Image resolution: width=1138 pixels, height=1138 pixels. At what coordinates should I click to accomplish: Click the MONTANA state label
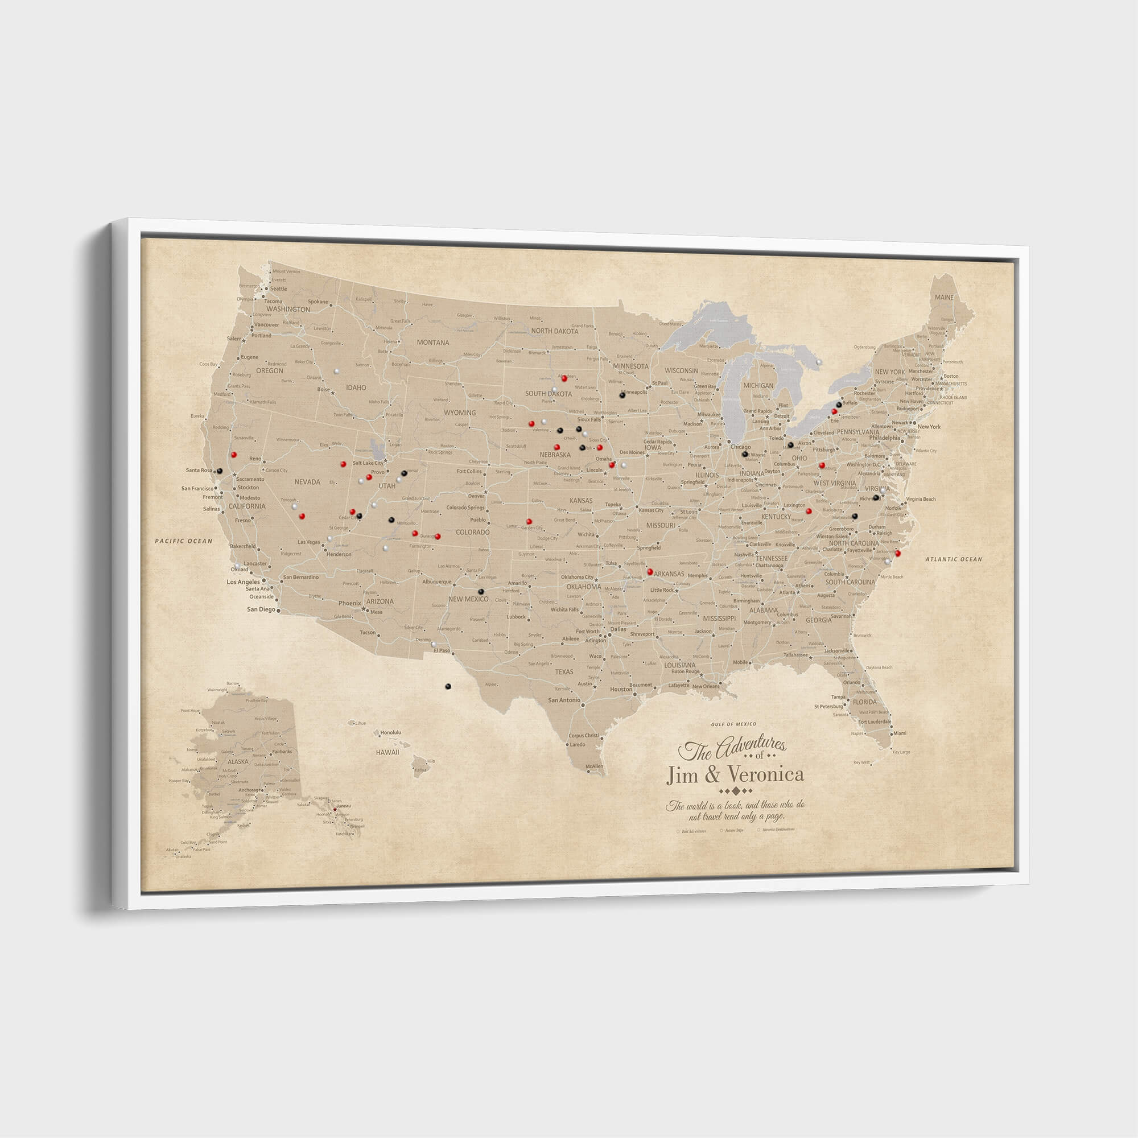pos(433,342)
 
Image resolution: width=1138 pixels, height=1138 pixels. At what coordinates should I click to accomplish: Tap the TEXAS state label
pos(564,671)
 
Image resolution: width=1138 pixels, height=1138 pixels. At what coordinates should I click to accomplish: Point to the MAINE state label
pos(944,298)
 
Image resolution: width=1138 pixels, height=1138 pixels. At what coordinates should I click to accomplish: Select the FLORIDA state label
pos(865,702)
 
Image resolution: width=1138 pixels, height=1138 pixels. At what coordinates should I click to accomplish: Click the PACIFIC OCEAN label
pos(183,541)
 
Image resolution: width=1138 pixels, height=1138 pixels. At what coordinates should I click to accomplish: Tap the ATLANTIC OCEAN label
pos(954,559)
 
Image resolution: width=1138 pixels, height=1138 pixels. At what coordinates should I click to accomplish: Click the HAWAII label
pos(387,752)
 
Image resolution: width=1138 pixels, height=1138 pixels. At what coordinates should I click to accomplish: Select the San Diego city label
pos(261,609)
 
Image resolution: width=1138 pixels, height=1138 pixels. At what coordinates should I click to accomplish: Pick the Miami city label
pos(900,733)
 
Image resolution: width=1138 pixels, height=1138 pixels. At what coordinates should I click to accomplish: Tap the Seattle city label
pos(278,288)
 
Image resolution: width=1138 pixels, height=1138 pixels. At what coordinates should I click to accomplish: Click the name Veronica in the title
pos(766,773)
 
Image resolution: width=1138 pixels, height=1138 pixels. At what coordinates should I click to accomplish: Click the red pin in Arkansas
pos(650,571)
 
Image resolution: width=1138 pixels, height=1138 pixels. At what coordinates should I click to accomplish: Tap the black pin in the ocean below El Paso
pos(448,686)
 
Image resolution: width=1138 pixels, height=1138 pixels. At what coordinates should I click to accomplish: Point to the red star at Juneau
pos(335,809)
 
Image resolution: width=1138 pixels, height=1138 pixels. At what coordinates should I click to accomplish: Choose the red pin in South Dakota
pos(564,378)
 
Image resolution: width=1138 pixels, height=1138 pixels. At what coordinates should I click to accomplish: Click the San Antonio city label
pos(564,700)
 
